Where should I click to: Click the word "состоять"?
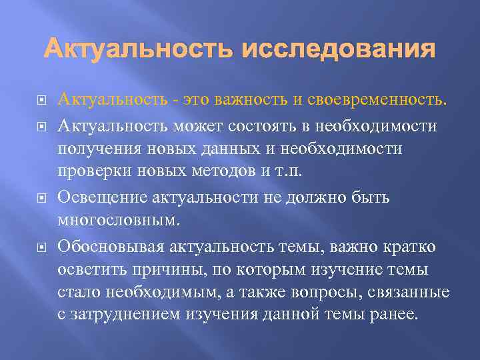(274, 125)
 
